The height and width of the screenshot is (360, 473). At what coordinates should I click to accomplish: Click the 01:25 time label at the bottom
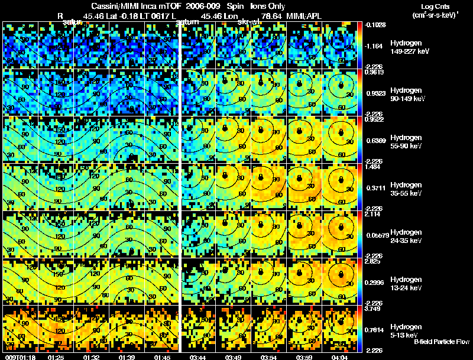[57, 357]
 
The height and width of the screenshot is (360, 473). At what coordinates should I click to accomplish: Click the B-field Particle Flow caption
[441, 342]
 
